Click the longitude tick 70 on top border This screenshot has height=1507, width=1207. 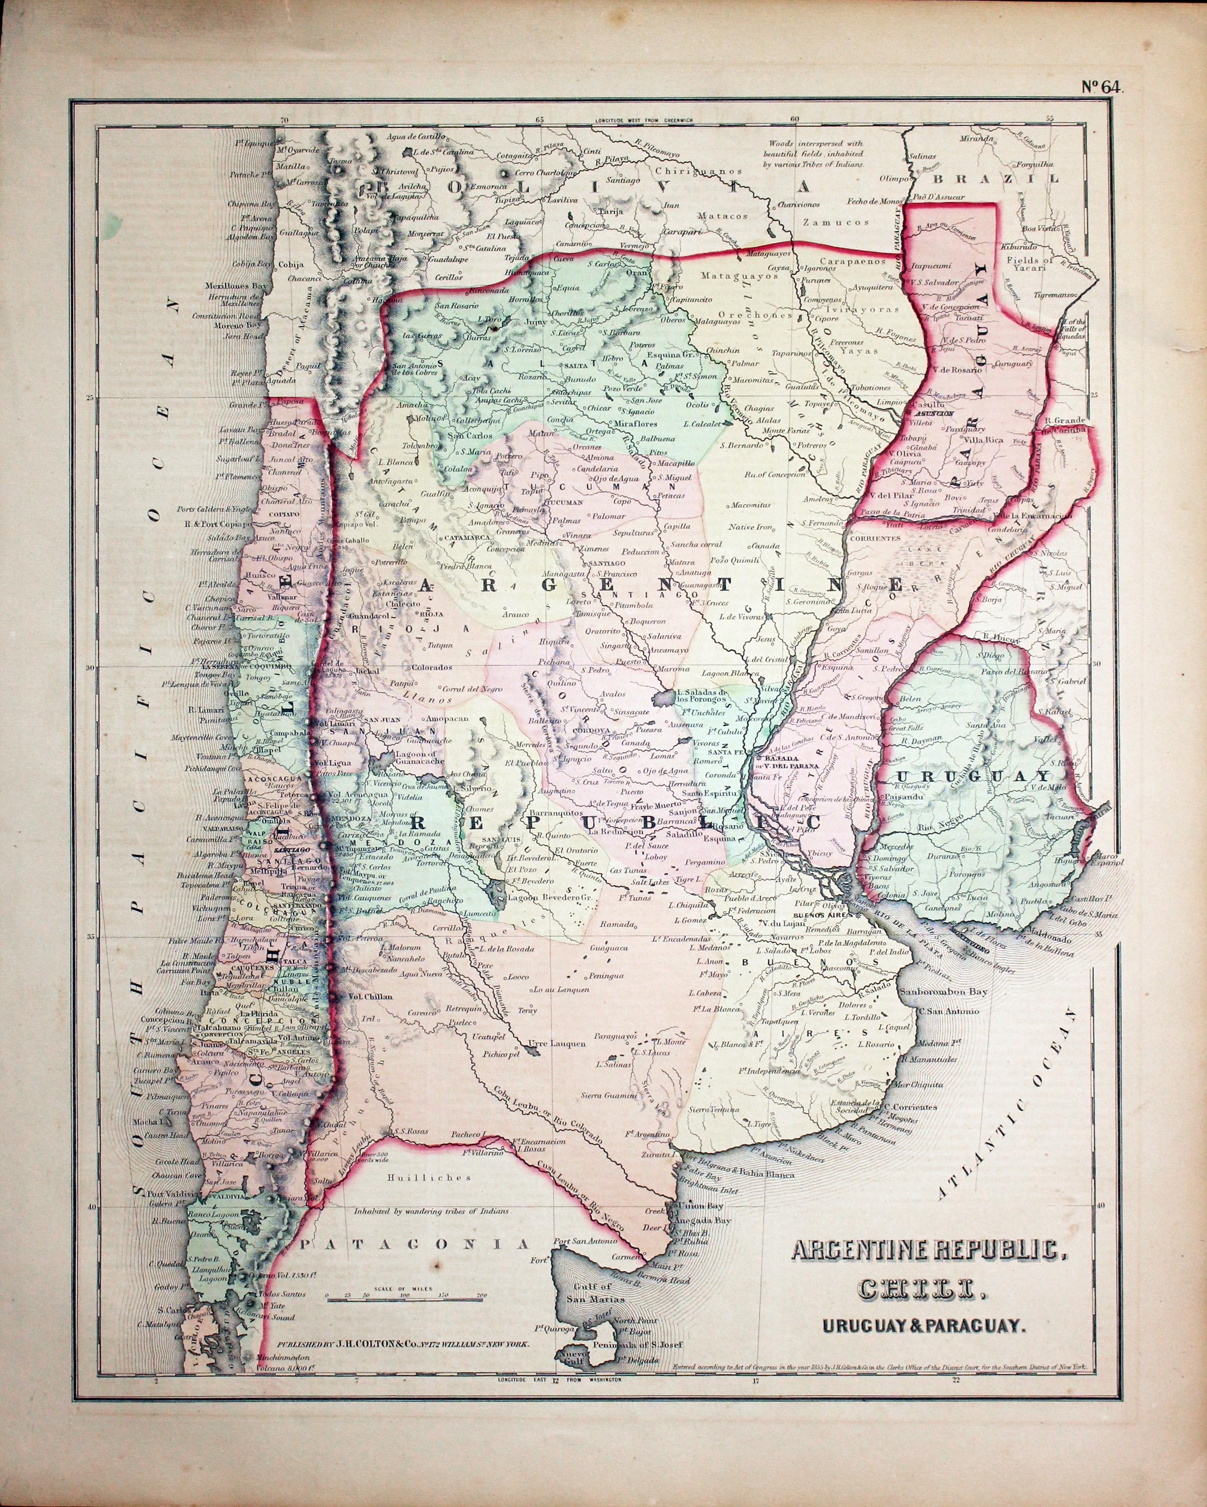[283, 120]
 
